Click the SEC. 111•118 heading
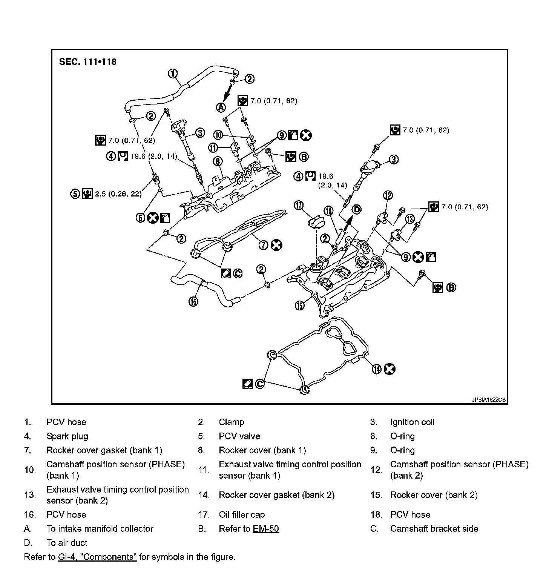click(x=87, y=61)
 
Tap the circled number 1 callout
click(x=173, y=74)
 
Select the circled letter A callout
click(x=221, y=108)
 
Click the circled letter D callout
click(x=356, y=209)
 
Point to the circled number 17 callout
click(x=299, y=205)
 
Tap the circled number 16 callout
click(x=193, y=301)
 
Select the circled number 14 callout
click(x=376, y=369)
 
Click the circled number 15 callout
click(x=299, y=305)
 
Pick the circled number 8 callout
click(x=218, y=161)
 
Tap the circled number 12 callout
click(x=388, y=195)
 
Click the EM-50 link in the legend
click(x=266, y=529)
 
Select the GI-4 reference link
click(x=97, y=557)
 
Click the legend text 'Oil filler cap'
click(x=242, y=515)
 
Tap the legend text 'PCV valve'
click(x=239, y=436)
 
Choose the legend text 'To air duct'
click(x=67, y=543)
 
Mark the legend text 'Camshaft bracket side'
click(x=434, y=529)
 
